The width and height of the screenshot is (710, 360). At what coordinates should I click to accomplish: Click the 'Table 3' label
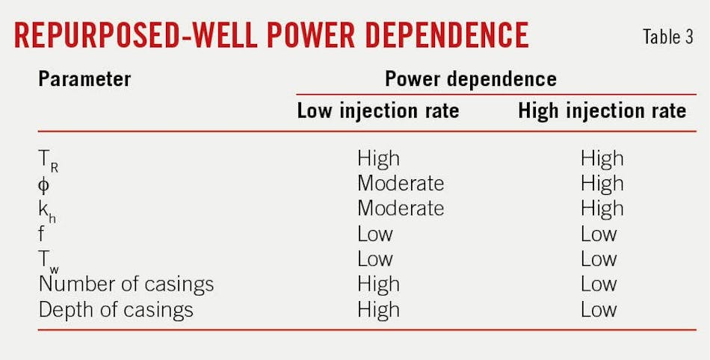pos(668,37)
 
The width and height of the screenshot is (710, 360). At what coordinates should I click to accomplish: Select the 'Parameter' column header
pos(84,78)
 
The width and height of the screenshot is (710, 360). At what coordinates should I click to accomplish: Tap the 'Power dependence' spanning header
pos(470,78)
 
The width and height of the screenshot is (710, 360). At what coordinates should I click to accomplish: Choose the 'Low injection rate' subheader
pos(377,111)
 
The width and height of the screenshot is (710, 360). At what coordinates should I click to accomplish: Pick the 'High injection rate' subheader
pos(602,111)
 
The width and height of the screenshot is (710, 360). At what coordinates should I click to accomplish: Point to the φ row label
pos(44,184)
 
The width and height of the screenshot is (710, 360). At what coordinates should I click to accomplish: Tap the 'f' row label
pos(42,235)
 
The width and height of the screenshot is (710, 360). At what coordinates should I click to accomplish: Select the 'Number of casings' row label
pos(126,285)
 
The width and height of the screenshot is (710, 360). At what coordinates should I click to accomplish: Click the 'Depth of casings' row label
pos(115,310)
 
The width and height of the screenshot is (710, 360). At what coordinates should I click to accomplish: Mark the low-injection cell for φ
pos(400,184)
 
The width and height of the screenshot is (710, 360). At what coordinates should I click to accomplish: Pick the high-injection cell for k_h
pos(602,209)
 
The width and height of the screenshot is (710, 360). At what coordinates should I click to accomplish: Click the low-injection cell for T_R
pos(378,158)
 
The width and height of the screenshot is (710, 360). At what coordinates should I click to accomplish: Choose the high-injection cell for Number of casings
pos(599,285)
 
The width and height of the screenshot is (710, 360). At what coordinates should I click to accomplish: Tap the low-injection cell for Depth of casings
pos(378,310)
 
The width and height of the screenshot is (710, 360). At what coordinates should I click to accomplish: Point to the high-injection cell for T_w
pos(599,259)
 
